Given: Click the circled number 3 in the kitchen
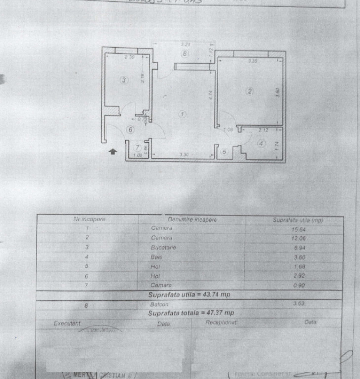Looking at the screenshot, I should pos(124,80).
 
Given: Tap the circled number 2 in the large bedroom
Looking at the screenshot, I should pos(250,91).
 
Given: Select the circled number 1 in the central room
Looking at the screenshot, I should pos(183,114).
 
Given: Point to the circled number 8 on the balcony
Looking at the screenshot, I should pos(184,54).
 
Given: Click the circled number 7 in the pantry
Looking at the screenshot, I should pos(138,147).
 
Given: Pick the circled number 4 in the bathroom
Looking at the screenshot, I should pos(261,144).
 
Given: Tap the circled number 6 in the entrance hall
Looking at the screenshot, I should pos(130,130).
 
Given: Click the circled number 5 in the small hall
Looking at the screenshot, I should pos(224,152).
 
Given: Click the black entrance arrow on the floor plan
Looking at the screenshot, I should pos(113,152).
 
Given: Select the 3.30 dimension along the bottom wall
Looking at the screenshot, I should pos(184,155).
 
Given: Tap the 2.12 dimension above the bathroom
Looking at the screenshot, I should pos(263,130).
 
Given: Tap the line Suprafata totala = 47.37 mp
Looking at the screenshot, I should pos(191,313).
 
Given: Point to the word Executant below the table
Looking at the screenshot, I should pos(67,323).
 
